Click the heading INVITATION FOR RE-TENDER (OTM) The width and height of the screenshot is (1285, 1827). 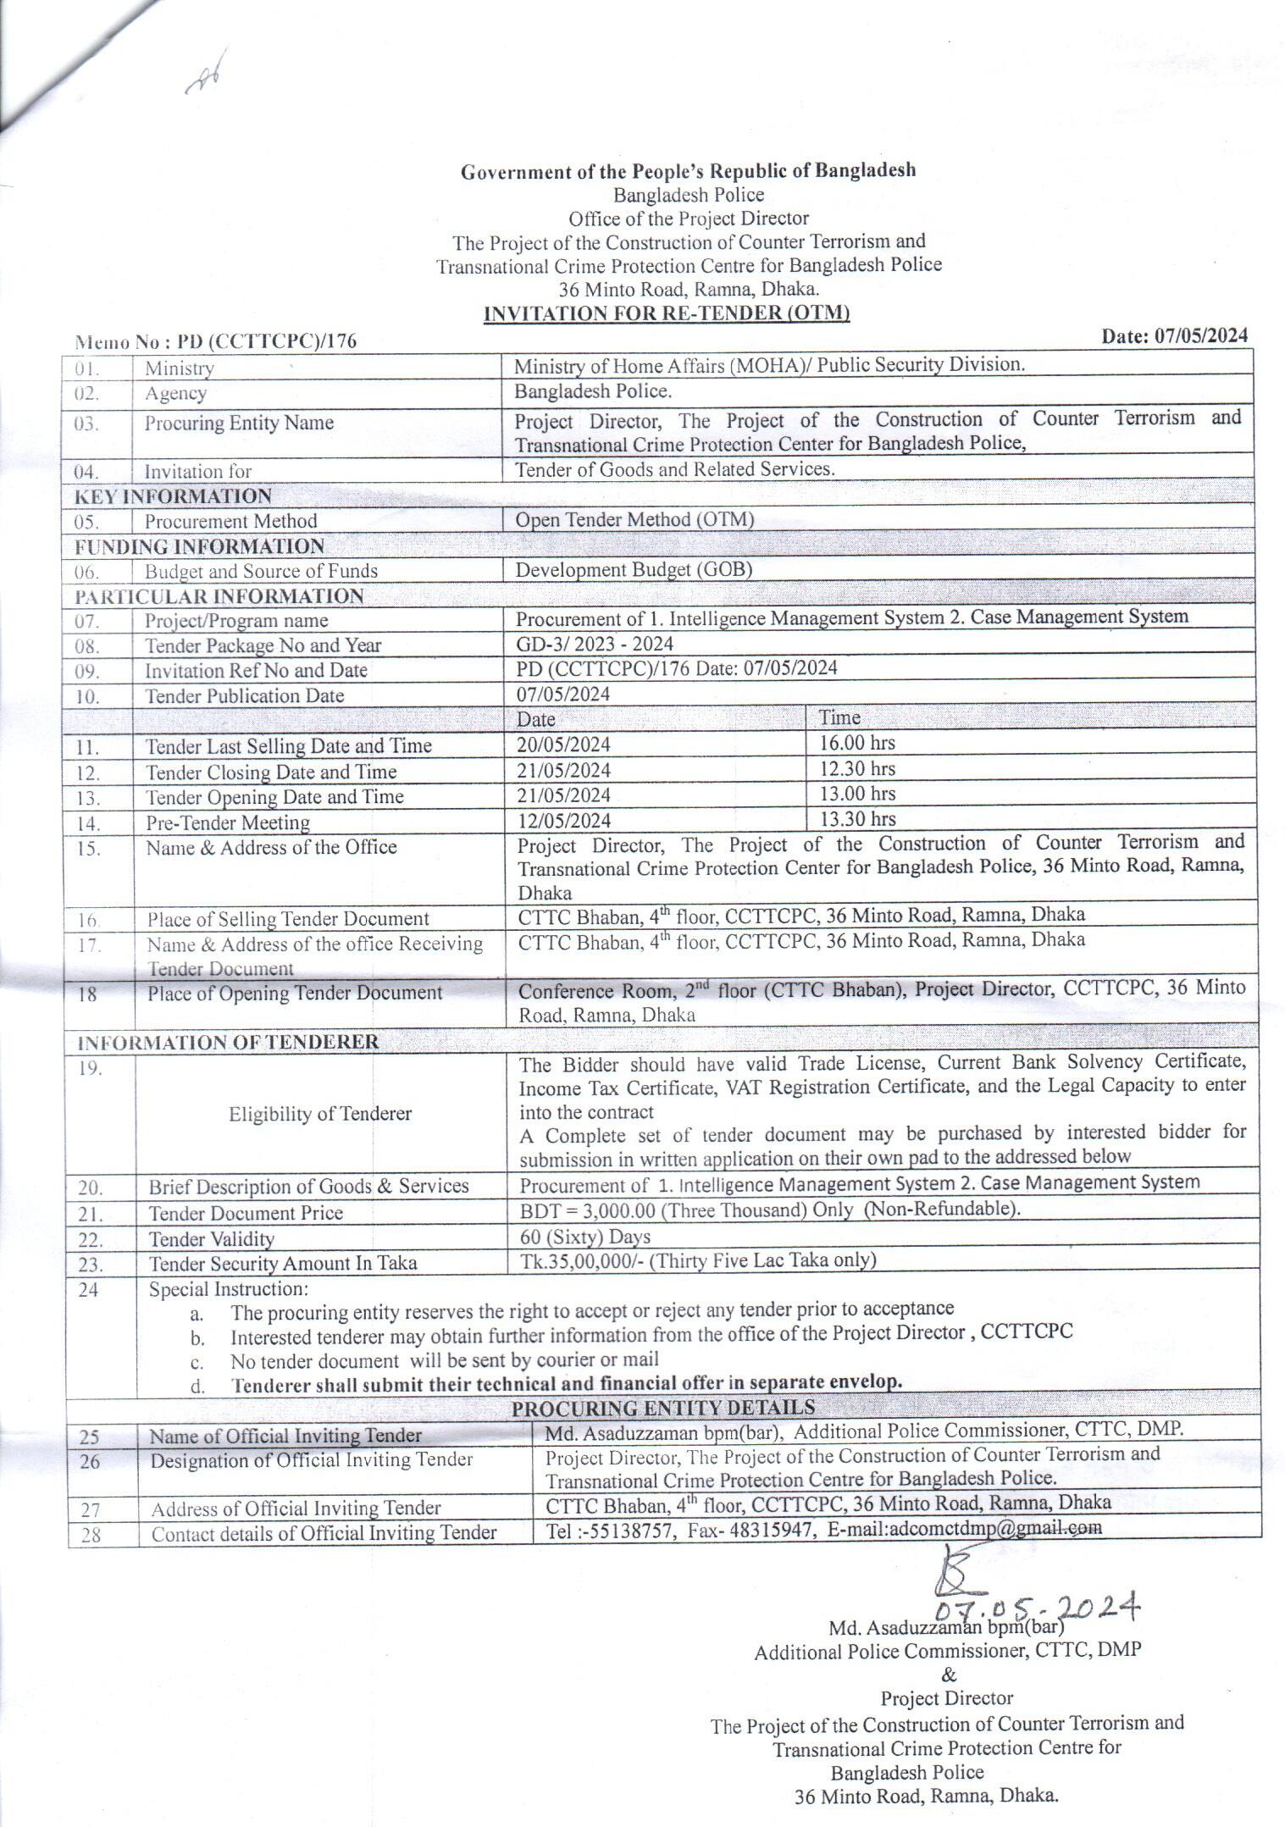(x=666, y=313)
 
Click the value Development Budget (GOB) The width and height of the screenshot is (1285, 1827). (x=634, y=570)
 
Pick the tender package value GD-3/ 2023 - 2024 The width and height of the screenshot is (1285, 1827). (x=595, y=644)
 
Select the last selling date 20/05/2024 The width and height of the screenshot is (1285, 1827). (x=563, y=745)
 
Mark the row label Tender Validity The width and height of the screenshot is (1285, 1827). (x=211, y=1239)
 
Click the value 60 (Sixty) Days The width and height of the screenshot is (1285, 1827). (x=584, y=1237)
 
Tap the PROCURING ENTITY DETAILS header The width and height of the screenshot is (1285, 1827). (x=663, y=1408)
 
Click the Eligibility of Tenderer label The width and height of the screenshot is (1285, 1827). (x=319, y=1114)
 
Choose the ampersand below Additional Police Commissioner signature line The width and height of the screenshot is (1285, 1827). (x=948, y=1675)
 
